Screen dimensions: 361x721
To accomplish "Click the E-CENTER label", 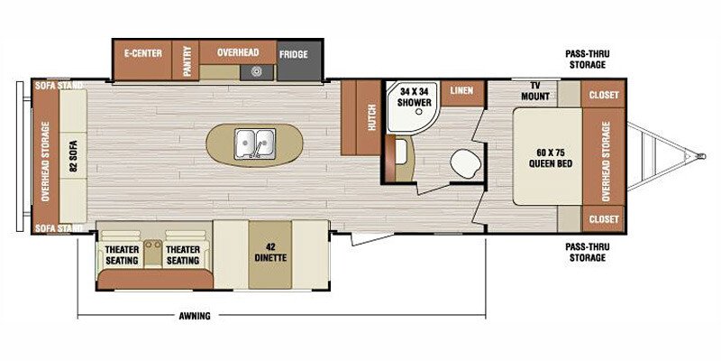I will point(142,53).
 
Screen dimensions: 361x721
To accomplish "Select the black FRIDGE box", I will point(294,54).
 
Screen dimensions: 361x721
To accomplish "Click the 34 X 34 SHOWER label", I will point(410,95).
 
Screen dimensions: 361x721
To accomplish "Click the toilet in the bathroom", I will point(465,163).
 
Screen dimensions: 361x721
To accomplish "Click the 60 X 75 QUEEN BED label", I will point(549,159).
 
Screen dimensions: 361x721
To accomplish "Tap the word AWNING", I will point(194,316).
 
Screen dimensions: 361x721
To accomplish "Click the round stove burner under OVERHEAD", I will point(257,72).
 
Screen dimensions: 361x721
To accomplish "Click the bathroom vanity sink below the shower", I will point(397,154).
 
